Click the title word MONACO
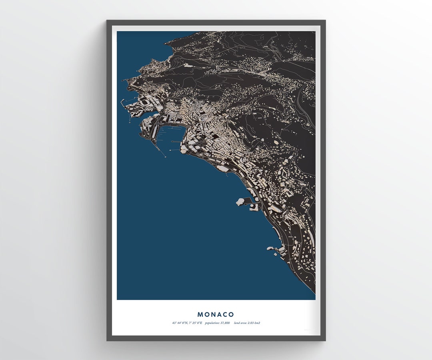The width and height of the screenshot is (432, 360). pyautogui.click(x=216, y=315)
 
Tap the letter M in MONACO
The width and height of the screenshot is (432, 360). pyautogui.click(x=200, y=315)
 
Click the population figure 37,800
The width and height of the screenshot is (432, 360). pyautogui.click(x=224, y=323)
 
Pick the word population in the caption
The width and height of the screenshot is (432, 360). pyautogui.click(x=212, y=323)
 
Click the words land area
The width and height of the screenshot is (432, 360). pyautogui.click(x=240, y=323)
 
